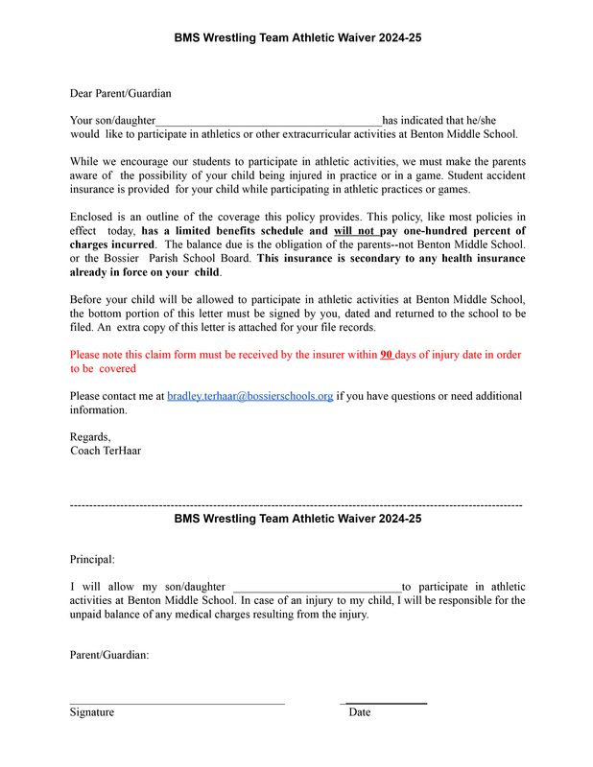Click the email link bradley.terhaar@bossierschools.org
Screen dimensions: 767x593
[x=249, y=396]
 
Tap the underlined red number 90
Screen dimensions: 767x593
[x=387, y=354]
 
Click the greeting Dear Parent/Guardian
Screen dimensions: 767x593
[x=120, y=94]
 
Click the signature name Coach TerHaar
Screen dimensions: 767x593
[x=106, y=451]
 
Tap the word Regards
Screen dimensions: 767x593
[x=90, y=437]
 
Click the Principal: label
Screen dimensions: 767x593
[x=92, y=559]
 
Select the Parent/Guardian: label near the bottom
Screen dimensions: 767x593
[x=109, y=655]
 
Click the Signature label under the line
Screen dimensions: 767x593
[x=91, y=712]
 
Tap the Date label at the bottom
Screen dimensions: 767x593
[x=360, y=712]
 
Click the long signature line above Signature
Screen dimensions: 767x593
[x=177, y=704]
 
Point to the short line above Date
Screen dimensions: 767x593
[x=385, y=704]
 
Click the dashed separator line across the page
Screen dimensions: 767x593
[x=296, y=504]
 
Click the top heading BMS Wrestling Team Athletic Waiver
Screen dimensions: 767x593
[x=297, y=38]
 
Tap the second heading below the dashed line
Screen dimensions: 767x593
[x=297, y=519]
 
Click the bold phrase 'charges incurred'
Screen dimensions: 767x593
[x=112, y=244]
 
